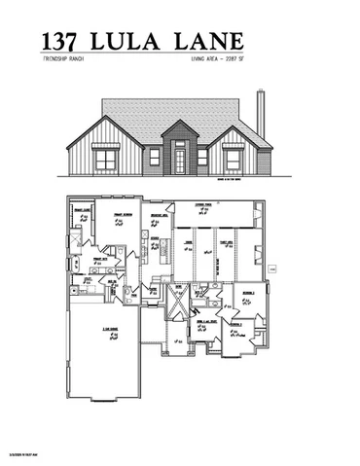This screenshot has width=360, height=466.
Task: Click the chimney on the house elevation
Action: tap(261, 114)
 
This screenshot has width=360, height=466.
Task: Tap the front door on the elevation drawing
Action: tap(179, 158)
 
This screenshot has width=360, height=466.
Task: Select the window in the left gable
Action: tap(105, 159)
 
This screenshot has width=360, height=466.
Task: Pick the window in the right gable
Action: tap(234, 159)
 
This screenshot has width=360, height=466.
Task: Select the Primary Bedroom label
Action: tap(123, 217)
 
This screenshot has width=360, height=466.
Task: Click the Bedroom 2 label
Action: tap(249, 292)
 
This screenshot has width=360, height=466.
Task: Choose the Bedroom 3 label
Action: tap(237, 326)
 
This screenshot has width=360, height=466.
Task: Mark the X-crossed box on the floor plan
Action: tap(178, 305)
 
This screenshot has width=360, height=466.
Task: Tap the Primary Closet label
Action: tap(82, 210)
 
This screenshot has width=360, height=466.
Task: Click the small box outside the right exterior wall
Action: tap(273, 268)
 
